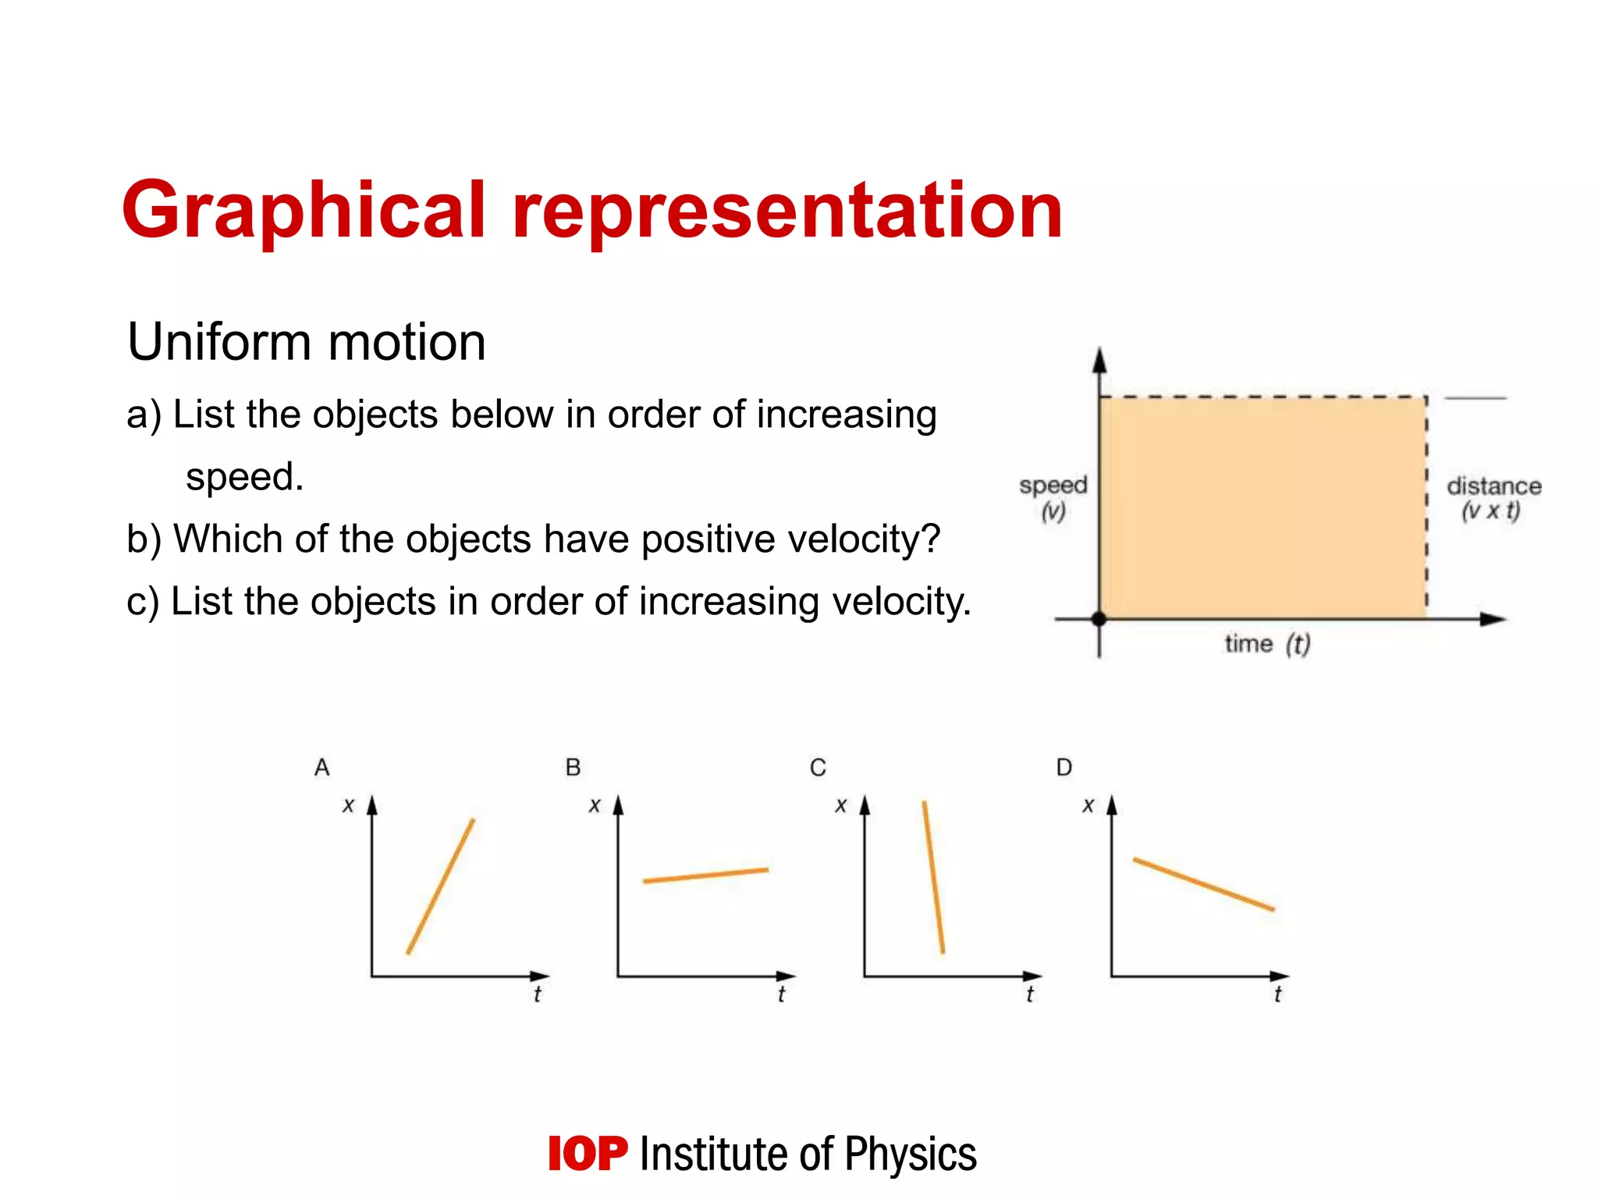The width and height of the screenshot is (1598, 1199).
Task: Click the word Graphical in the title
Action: point(304,211)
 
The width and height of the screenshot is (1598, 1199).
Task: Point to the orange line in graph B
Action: point(705,875)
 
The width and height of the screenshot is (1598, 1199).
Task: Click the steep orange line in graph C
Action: point(933,877)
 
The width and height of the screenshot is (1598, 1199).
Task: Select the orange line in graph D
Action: point(1203,884)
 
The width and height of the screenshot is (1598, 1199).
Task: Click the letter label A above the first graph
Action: point(322,768)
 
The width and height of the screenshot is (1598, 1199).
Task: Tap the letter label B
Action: point(573,768)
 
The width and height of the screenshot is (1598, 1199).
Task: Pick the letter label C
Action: point(818,768)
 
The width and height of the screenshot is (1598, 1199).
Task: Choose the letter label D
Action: point(1064,768)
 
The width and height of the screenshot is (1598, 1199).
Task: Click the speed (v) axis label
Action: point(1053,498)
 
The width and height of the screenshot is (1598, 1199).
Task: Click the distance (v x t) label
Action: point(1493,498)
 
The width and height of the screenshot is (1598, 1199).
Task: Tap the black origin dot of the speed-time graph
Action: point(1099,619)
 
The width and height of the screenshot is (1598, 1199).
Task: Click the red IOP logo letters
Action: point(588,1154)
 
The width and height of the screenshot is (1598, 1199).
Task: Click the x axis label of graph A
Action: point(349,805)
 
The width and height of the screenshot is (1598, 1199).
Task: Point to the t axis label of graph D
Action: point(1277,994)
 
